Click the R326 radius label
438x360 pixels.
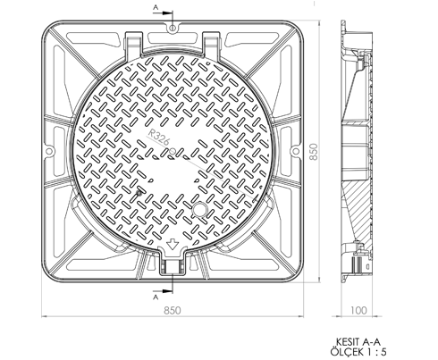(x=159, y=137)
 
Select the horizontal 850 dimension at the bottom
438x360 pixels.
(x=173, y=311)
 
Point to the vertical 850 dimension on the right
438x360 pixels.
(x=314, y=152)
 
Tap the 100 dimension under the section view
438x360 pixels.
(x=358, y=311)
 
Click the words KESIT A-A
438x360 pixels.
(x=358, y=342)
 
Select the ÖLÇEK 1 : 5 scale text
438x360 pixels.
(x=358, y=352)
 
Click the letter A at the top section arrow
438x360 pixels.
(x=156, y=9)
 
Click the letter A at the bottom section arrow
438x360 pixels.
(x=156, y=297)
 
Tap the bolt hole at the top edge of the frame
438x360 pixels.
(x=173, y=29)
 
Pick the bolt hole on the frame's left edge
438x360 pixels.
(x=49, y=152)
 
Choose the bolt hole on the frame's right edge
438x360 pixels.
(x=295, y=151)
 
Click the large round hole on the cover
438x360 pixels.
(x=199, y=209)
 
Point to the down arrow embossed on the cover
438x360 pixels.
(x=172, y=244)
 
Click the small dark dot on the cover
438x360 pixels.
(x=139, y=193)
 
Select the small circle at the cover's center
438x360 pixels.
(x=173, y=151)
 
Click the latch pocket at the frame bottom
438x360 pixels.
(x=173, y=265)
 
